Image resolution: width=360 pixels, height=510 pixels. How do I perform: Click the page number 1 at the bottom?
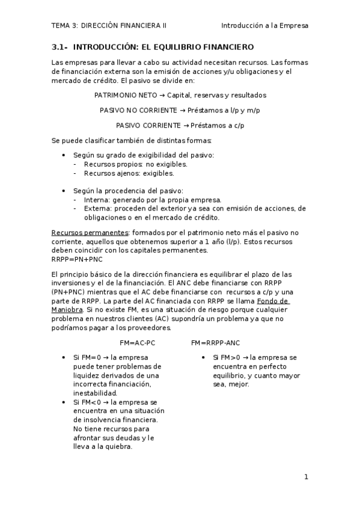tap(306, 478)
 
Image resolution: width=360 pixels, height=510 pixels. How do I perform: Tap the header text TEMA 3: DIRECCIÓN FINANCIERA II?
tap(109, 26)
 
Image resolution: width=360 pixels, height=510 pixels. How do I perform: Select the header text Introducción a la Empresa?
tap(264, 26)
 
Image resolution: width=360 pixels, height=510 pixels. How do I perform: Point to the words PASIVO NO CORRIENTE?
tap(135, 110)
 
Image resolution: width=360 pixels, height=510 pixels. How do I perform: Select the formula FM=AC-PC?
tap(137, 342)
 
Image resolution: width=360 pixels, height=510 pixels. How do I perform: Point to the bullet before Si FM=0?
tap(65, 357)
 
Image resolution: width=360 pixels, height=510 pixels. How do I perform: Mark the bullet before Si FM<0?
tap(65, 402)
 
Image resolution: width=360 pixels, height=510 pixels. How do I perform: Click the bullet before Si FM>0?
tap(204, 357)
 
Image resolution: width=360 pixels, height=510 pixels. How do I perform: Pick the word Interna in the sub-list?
tap(96, 200)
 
